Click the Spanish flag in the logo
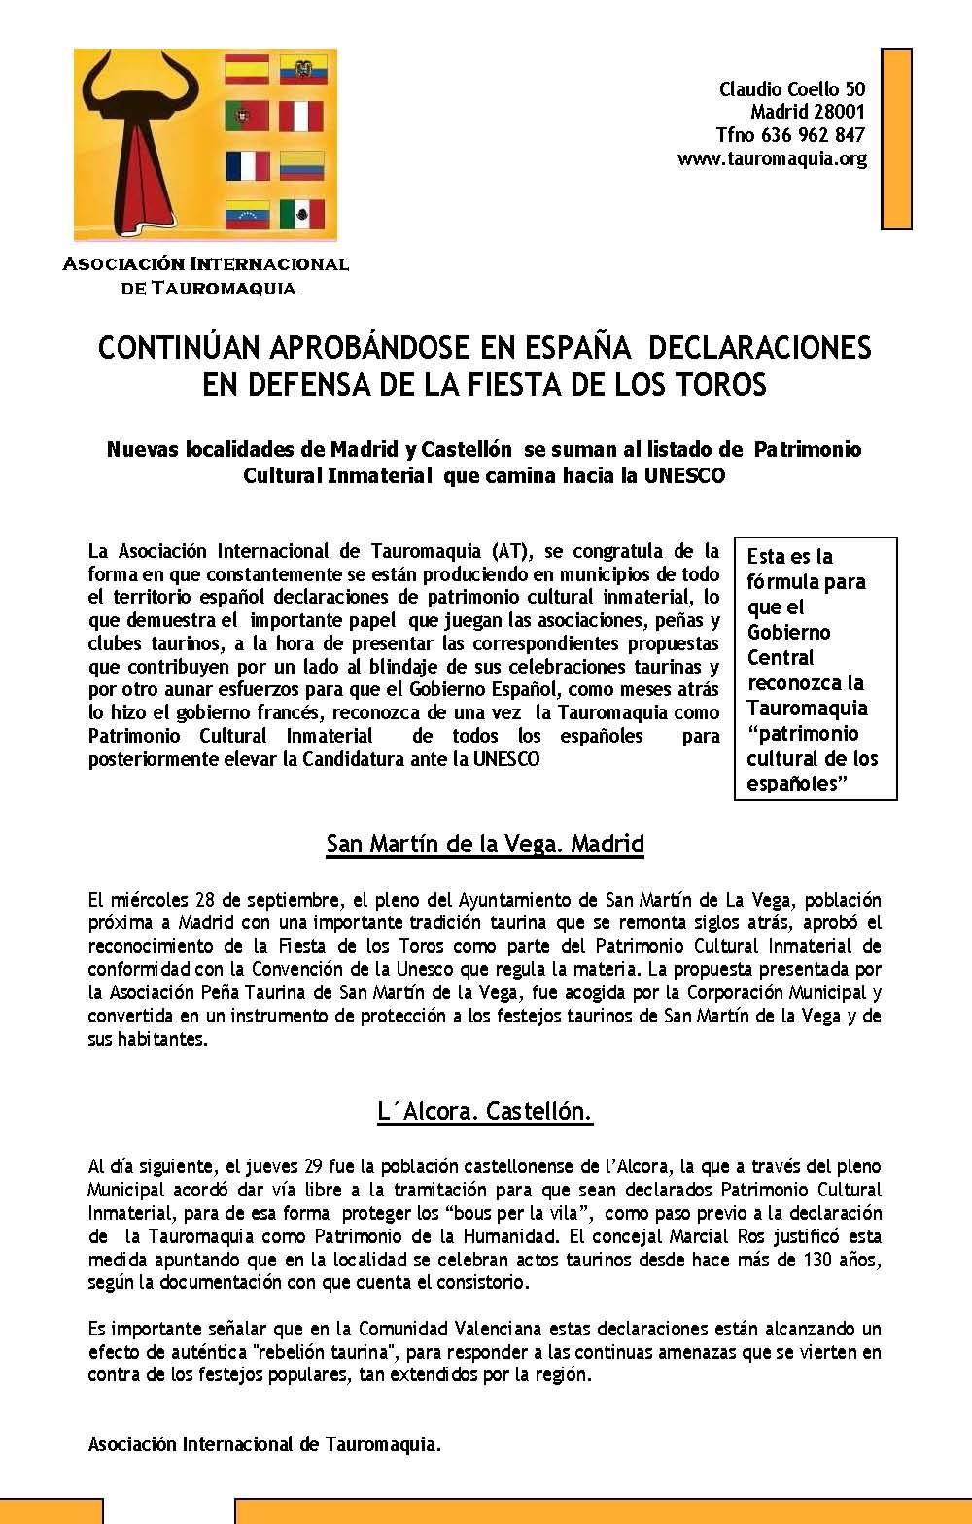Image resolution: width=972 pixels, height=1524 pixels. [x=247, y=70]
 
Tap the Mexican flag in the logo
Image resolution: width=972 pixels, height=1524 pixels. [x=301, y=214]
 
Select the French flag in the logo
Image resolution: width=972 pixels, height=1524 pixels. [x=247, y=165]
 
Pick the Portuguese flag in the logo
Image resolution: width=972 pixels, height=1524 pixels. [x=247, y=117]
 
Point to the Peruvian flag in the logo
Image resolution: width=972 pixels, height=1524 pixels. [x=301, y=117]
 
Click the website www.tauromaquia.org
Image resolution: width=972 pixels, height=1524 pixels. [x=772, y=158]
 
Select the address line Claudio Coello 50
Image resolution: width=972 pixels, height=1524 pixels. [x=792, y=89]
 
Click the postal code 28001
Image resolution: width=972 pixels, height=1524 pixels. [x=832, y=112]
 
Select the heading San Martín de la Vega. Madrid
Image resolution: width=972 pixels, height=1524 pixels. [x=485, y=843]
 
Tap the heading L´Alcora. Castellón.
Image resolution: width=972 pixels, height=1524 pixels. [x=485, y=1110]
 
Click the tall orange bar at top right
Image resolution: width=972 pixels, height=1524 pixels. [x=896, y=138]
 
